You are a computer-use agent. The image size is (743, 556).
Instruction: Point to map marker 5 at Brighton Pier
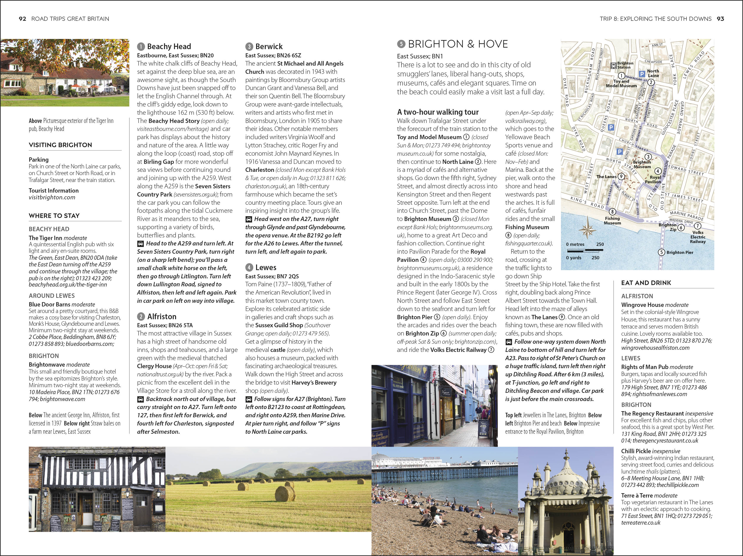point(661,252)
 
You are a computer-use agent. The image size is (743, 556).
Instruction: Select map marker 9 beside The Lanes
point(621,176)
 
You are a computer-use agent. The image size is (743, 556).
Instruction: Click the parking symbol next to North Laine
point(642,74)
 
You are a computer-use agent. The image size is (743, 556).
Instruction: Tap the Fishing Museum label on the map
point(612,221)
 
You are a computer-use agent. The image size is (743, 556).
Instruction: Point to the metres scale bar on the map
point(585,250)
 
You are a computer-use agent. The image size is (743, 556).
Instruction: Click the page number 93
point(720,19)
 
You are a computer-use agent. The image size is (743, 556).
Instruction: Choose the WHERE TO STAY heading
point(54,216)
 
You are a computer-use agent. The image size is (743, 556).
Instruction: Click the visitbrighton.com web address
point(52,197)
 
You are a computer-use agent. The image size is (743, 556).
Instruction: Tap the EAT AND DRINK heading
point(646,283)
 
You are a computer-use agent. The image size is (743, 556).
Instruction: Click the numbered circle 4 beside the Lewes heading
point(249,267)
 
